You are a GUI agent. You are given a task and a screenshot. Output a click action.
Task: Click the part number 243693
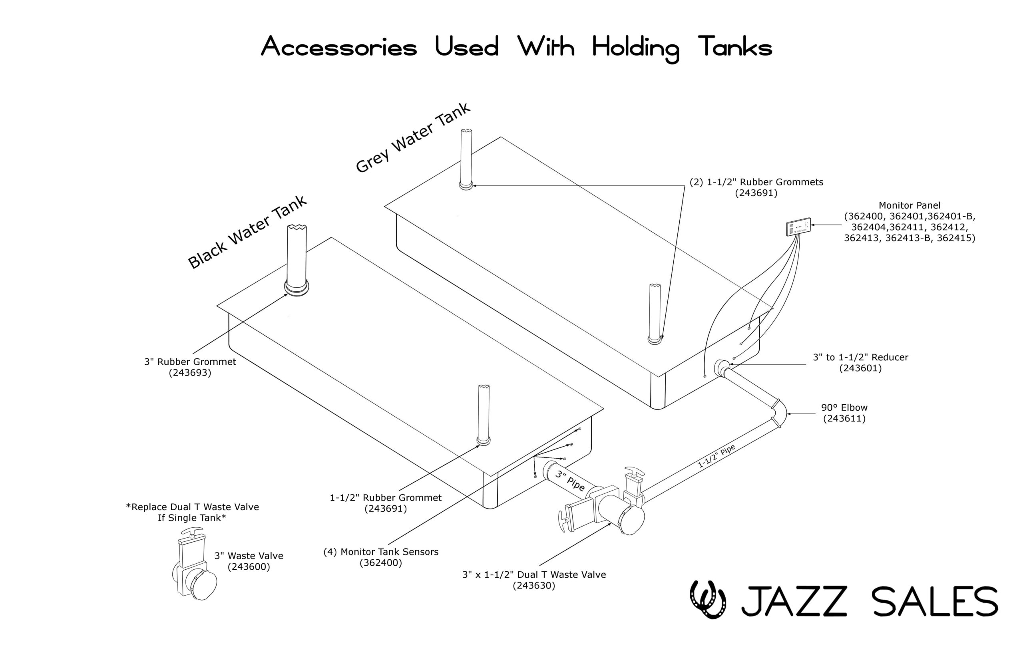190,373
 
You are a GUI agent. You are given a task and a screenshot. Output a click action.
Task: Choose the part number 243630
534,586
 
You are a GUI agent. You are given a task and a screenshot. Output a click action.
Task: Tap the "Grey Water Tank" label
413,137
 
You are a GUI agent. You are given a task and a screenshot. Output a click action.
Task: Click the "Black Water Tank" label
247,232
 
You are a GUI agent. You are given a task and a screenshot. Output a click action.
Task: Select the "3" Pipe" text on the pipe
570,481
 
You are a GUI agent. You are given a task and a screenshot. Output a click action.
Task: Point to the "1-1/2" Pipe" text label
716,457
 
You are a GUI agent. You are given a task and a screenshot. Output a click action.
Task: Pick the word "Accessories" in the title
339,47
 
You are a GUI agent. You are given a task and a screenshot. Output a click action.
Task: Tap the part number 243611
844,419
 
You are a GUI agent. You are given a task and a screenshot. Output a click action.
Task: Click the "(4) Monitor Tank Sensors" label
381,552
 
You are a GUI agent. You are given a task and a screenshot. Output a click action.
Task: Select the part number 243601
860,368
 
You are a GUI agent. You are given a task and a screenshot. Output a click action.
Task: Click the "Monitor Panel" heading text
910,205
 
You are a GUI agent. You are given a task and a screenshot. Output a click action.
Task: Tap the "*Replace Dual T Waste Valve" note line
193,507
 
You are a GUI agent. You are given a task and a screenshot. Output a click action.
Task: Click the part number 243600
249,567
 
